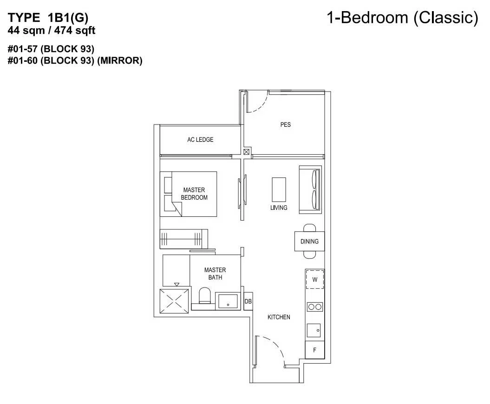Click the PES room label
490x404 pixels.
[285, 124]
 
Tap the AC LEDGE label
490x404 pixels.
[200, 140]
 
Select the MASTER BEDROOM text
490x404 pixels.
[194, 194]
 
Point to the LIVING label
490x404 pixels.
[279, 208]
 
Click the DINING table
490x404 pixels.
[309, 241]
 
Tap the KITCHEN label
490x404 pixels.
[279, 317]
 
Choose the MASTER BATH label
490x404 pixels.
[215, 274]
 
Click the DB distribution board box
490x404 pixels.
[248, 301]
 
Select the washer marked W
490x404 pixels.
[315, 280]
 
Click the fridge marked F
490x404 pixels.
[315, 350]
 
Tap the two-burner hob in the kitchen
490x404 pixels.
[315, 307]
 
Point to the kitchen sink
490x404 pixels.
[314, 330]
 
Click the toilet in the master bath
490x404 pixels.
[205, 295]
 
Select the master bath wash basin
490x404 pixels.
[228, 301]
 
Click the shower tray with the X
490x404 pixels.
[174, 301]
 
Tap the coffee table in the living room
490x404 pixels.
[279, 189]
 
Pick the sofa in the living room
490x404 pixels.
[310, 189]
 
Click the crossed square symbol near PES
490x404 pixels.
[246, 152]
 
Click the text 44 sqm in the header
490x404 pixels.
[26, 31]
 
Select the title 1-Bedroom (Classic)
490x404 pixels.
[403, 18]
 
